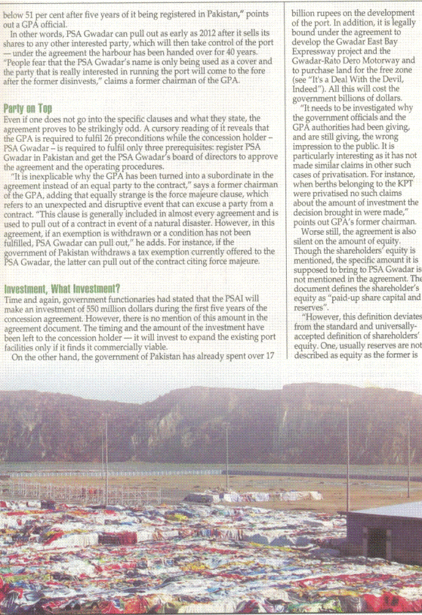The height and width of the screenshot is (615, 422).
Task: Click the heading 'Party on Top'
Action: (x=28, y=108)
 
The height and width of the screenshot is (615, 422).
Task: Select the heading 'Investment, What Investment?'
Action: (x=62, y=289)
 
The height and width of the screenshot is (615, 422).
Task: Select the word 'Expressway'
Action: (x=315, y=51)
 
